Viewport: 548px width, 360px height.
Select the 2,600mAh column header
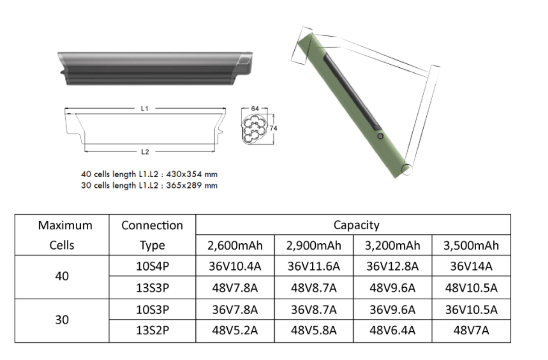click(x=235, y=246)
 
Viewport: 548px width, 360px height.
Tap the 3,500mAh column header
click(x=471, y=246)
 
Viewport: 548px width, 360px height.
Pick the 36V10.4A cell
click(x=235, y=266)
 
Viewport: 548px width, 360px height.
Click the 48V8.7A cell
click(x=314, y=287)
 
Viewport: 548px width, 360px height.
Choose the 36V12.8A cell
click(x=392, y=266)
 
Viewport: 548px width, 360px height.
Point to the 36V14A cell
click(x=471, y=266)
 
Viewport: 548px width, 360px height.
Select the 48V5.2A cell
click(x=235, y=331)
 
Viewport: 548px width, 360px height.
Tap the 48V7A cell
click(x=471, y=331)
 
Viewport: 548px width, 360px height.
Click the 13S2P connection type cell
click(x=152, y=331)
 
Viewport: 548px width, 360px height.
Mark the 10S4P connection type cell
click(x=152, y=266)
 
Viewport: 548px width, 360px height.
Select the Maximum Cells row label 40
click(x=62, y=277)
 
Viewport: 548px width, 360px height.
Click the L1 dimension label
click(x=145, y=109)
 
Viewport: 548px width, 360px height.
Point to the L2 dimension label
click(x=145, y=152)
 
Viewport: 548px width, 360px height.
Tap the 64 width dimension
click(x=255, y=109)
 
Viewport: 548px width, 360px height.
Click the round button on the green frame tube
click(x=380, y=136)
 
